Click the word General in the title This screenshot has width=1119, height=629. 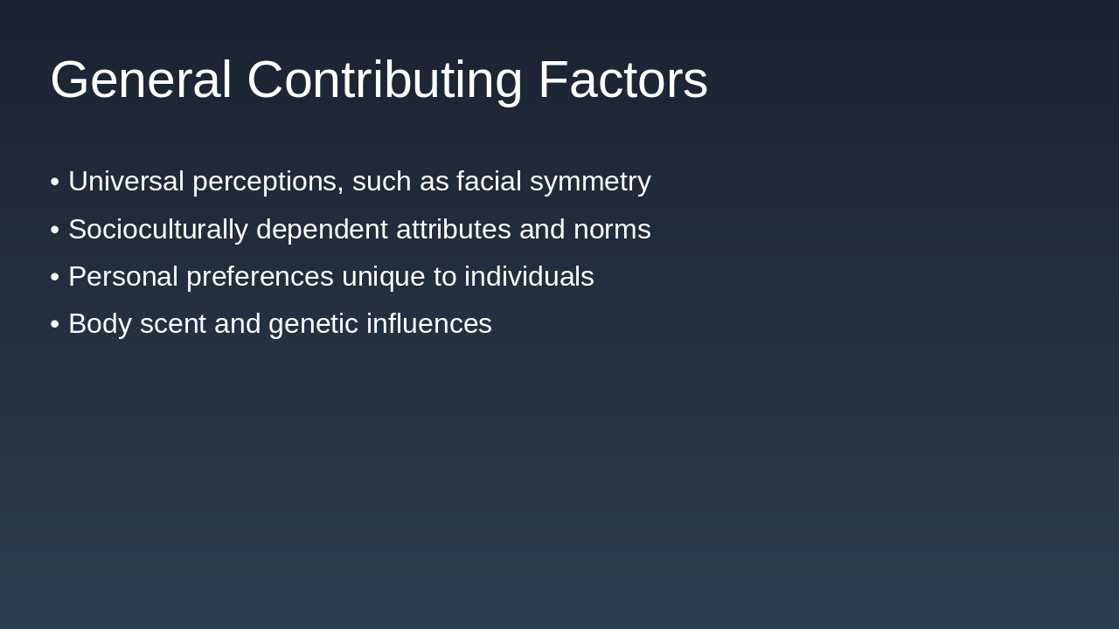coord(141,80)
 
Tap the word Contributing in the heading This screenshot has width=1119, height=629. coord(384,80)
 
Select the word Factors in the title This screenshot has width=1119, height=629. coord(622,80)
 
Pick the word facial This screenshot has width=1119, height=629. coord(489,182)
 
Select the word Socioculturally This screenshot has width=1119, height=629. coord(158,230)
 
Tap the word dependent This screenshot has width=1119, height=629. coord(322,230)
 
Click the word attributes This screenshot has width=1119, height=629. coord(454,230)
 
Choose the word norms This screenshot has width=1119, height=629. coord(612,230)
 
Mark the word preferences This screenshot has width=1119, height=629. coord(260,277)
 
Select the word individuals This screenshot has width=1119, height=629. coord(529,277)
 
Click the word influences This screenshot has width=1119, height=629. coord(429,324)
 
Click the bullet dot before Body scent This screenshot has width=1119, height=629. coord(55,324)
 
